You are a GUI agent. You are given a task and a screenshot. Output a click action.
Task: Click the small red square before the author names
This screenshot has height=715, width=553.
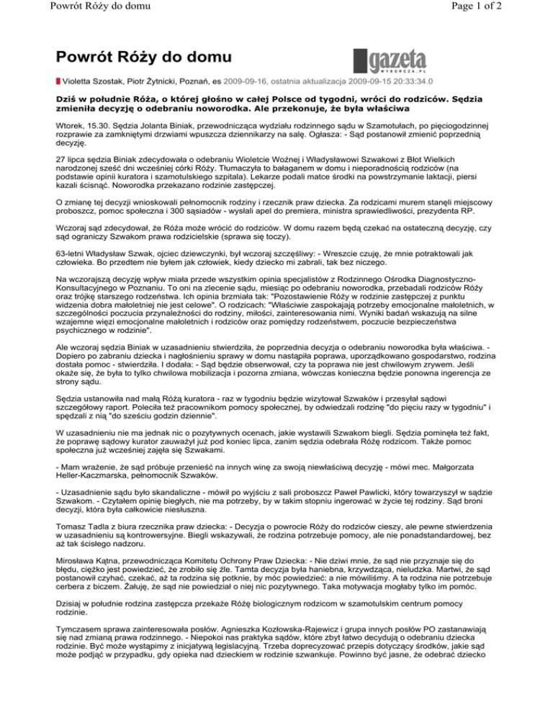[x=58, y=83]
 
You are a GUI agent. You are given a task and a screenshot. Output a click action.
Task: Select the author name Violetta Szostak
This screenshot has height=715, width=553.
[x=92, y=83]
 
